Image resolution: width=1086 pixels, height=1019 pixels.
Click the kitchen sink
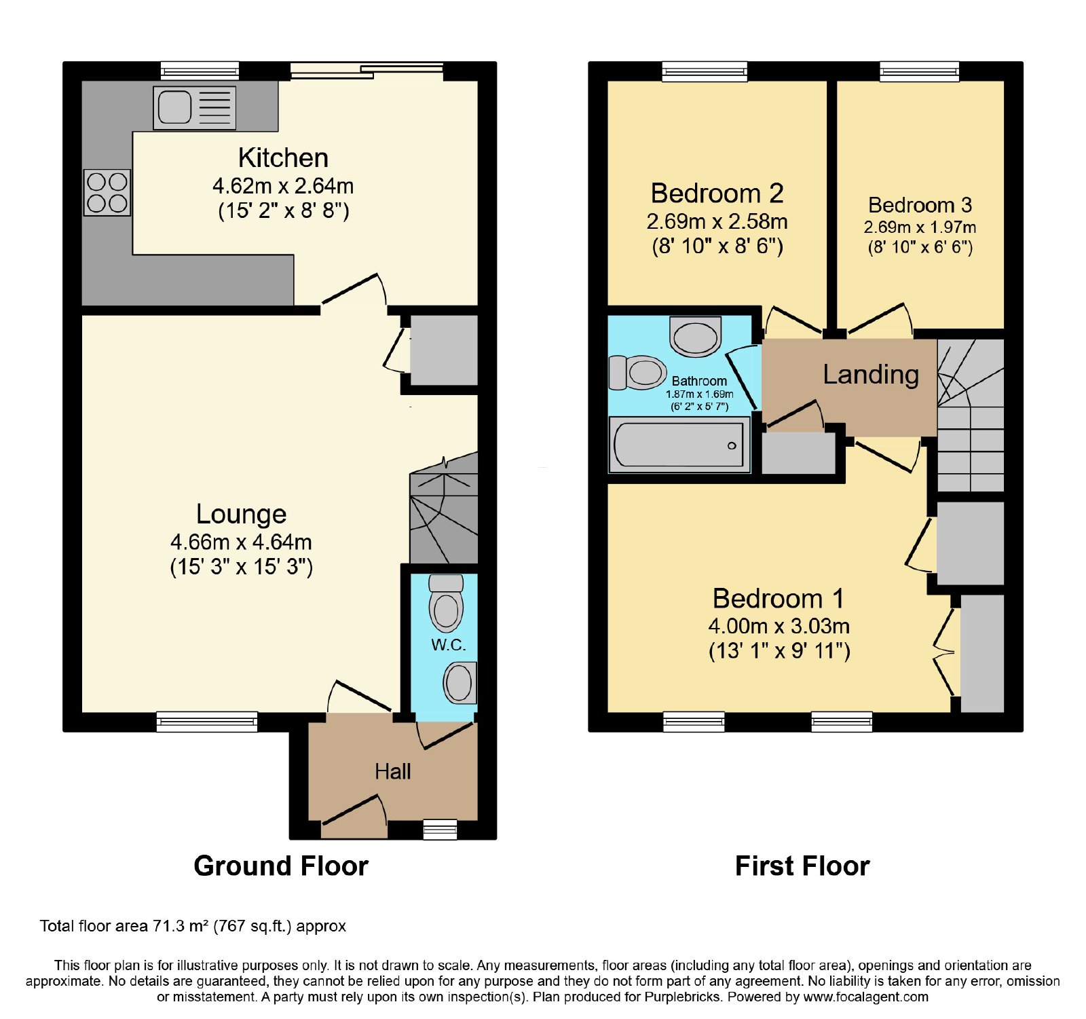coord(195,107)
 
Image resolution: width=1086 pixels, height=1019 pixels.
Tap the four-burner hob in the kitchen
coord(107,192)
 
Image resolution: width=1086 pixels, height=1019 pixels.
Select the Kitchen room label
coord(283,158)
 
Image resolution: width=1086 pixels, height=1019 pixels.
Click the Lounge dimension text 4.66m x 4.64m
coord(241,542)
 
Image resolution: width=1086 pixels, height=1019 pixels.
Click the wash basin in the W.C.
coord(460,682)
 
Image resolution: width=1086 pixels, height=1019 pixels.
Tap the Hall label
coord(392,771)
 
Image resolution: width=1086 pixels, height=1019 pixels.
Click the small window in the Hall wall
coord(440,829)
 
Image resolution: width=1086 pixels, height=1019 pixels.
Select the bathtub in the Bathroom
coord(679,445)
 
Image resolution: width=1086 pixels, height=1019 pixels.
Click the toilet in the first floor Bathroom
coord(637,372)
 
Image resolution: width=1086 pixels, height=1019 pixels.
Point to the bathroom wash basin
coord(695,336)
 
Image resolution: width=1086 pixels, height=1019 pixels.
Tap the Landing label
coord(871,374)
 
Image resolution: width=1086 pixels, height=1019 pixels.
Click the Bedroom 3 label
coord(920,204)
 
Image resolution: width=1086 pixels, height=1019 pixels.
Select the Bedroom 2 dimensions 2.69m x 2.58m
coord(717,221)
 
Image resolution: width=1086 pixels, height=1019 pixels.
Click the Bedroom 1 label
coord(779,598)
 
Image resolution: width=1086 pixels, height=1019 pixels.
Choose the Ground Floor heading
coord(281,866)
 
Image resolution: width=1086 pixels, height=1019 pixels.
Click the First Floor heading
coord(802,866)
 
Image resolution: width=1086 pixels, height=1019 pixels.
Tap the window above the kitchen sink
coord(200,71)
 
